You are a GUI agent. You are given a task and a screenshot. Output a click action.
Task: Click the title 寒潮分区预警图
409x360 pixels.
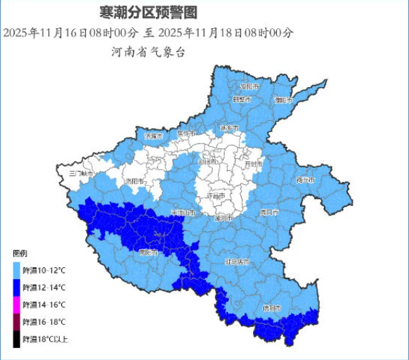[x=148, y=12]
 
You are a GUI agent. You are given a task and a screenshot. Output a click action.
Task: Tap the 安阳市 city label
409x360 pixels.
[x=249, y=86]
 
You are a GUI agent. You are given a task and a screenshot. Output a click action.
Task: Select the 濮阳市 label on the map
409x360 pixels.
[x=283, y=100]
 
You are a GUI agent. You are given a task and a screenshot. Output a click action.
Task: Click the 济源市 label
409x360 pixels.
[x=153, y=135]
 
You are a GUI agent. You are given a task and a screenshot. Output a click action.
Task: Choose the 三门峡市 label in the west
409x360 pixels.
[x=81, y=173]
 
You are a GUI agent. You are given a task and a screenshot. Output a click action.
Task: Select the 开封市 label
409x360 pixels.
[x=252, y=164]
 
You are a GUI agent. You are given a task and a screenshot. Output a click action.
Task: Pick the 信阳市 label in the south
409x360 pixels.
[x=271, y=308]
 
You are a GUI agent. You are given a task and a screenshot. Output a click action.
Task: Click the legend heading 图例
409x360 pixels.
[x=20, y=252]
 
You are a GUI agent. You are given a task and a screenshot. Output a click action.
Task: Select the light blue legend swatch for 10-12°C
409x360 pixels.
[x=15, y=269]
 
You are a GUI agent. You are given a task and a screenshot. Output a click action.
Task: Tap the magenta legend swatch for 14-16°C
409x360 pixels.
[x=15, y=304]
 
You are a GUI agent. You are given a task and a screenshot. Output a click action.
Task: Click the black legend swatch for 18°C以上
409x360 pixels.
[x=15, y=339]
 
